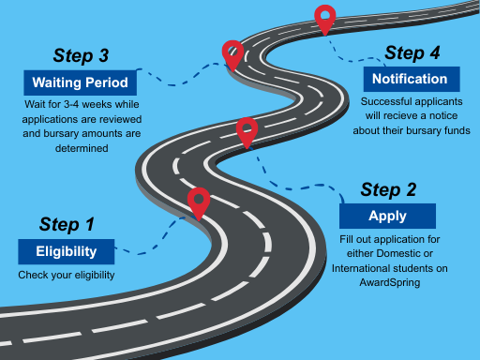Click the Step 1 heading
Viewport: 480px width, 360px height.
point(67,224)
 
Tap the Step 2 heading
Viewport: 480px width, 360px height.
point(388,188)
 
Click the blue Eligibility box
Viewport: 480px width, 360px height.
point(67,251)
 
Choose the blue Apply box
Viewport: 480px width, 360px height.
point(387,215)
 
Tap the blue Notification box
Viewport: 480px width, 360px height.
point(410,79)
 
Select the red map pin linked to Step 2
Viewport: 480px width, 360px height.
point(247,131)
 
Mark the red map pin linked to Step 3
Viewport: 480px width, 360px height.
point(232,53)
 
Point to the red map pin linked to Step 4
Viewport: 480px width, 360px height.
point(324,18)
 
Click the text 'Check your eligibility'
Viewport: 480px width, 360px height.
point(66,275)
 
